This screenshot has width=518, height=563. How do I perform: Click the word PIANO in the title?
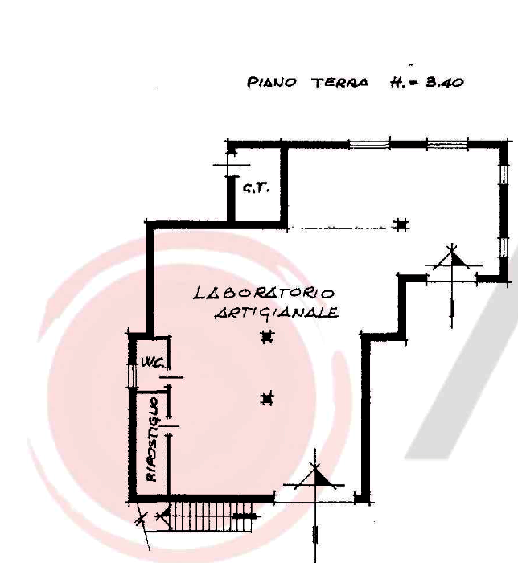[x=272, y=83]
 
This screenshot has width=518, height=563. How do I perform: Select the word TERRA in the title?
[x=340, y=83]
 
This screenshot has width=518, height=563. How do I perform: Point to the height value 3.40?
[x=445, y=83]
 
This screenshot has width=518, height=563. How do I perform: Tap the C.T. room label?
[x=257, y=188]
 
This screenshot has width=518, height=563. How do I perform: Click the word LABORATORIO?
[x=264, y=293]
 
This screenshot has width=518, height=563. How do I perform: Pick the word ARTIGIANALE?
[x=277, y=313]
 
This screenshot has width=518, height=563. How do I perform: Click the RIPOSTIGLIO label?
[x=153, y=439]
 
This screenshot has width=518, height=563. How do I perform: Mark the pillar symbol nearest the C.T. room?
[x=401, y=225]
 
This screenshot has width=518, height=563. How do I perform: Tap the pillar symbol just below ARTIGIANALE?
[x=267, y=337]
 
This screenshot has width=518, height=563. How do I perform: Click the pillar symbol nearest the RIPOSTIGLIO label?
[x=267, y=399]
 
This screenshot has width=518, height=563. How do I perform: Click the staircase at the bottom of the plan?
[x=211, y=516]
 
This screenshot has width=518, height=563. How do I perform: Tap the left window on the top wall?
[x=370, y=145]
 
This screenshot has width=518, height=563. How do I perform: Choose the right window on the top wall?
[x=448, y=145]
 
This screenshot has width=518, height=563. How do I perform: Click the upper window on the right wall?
[x=504, y=175]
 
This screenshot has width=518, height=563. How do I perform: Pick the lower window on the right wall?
[x=504, y=247]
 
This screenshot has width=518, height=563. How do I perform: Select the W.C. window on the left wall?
[x=132, y=376]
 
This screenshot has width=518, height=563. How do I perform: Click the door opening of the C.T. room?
[x=232, y=165]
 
